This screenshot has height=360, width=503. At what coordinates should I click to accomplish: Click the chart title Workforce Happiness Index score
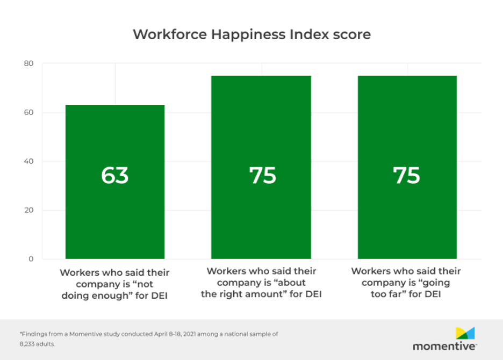coord(251,34)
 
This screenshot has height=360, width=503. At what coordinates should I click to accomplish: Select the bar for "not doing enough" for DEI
coord(115,215)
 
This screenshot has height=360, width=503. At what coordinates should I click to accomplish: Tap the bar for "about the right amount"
coord(261,215)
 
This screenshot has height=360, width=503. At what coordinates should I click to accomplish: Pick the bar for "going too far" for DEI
coord(407,215)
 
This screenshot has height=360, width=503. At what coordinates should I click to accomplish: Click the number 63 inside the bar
coord(115,176)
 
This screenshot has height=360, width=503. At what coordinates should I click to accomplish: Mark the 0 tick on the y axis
coord(31,259)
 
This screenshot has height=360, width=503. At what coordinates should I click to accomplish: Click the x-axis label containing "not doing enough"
coord(114,284)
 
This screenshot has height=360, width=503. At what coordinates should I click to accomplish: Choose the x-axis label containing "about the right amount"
coord(261,283)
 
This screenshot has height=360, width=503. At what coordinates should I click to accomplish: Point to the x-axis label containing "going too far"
coord(406,283)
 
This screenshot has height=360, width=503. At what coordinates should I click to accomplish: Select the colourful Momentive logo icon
coord(465,333)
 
